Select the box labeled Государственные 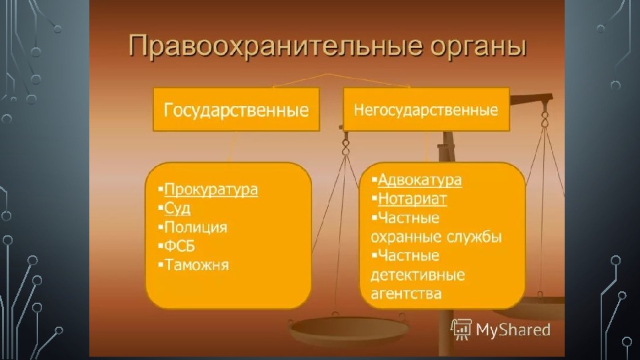point(236,109)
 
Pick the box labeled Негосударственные point(426,109)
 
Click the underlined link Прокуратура point(211,190)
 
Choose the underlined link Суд point(177,209)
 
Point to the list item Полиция point(195,227)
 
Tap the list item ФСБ point(179,246)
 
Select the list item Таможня point(196,265)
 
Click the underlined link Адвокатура point(419,180)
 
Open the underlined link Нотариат point(412,199)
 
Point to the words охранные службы point(436,237)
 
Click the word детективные point(417,275)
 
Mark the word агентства point(406,293)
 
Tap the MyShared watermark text point(513,330)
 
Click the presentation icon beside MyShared point(461,329)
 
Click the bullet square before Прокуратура point(161,189)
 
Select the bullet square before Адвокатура point(374,179)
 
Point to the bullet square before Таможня point(161,265)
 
